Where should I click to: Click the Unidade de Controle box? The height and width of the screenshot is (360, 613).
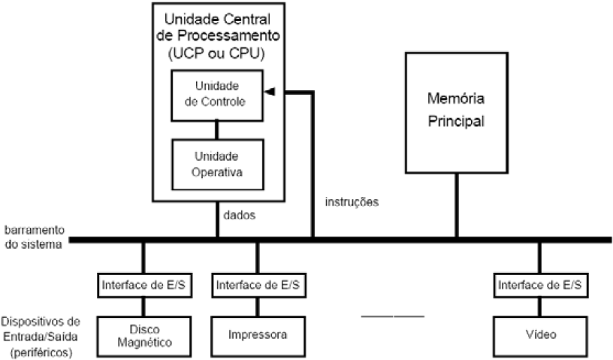coord(218,95)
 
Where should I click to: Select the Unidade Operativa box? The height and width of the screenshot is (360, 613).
coord(218,164)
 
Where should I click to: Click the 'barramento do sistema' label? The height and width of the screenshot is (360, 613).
coord(33,237)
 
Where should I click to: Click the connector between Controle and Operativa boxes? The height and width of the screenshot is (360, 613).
coord(218,129)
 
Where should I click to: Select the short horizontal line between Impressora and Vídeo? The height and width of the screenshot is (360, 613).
coord(392,316)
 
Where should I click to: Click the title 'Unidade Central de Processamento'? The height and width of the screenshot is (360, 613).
coord(218,26)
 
